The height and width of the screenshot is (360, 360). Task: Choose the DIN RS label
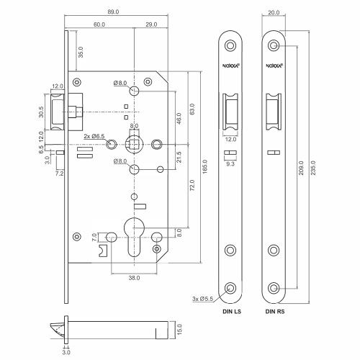point(275,312)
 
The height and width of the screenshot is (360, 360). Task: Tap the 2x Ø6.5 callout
point(94,136)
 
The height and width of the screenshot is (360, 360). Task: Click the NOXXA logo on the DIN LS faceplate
point(230,71)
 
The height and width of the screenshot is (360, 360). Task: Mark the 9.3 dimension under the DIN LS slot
point(230,165)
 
